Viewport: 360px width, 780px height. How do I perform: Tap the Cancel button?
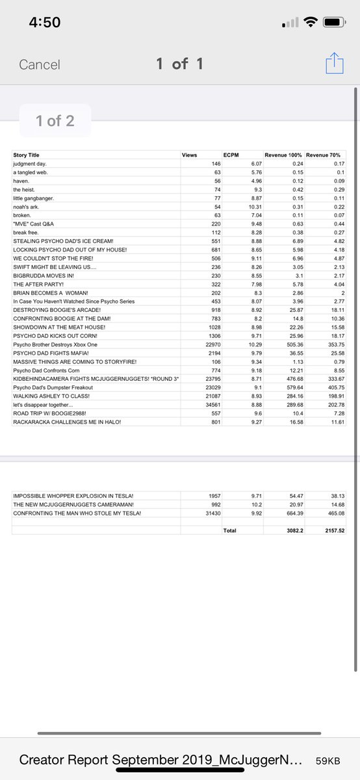40,64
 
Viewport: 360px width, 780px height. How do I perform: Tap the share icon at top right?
335,64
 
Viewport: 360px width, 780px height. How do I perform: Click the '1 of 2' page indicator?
55,120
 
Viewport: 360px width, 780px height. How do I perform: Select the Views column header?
189,155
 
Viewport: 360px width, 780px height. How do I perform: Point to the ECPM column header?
231,155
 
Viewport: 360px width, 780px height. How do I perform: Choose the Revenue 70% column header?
324,155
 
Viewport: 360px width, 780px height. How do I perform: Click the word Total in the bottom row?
229,530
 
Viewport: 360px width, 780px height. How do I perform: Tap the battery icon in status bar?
333,23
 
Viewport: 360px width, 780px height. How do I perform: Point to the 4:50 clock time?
45,23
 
